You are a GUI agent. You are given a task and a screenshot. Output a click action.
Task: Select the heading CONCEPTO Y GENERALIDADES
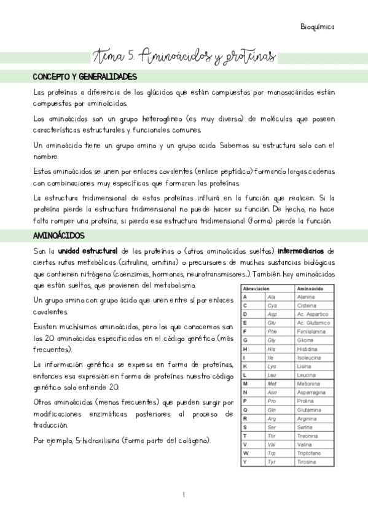point(84,77)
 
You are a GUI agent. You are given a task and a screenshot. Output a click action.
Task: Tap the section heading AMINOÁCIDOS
point(58,235)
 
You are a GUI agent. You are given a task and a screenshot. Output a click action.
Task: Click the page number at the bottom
point(184,495)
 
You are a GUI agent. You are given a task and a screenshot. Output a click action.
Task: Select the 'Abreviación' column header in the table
point(257,288)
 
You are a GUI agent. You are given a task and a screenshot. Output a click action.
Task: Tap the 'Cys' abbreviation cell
point(273,305)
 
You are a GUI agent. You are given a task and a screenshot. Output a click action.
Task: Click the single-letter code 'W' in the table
point(246,453)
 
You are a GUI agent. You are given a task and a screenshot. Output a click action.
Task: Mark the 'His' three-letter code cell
point(273,348)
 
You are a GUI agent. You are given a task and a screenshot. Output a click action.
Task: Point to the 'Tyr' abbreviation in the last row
point(273,461)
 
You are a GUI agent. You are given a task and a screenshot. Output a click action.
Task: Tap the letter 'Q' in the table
point(246,409)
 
